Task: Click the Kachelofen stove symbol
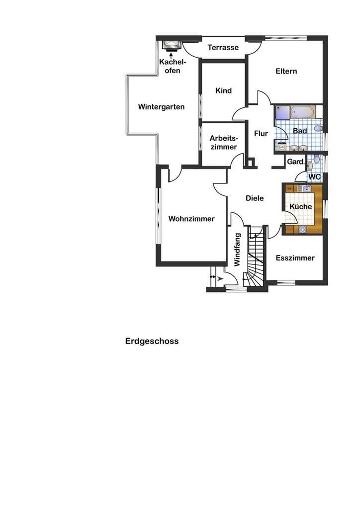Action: point(171,46)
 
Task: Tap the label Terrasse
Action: point(223,47)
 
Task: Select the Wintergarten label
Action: point(161,107)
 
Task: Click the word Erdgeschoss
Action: point(152,341)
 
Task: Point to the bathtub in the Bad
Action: point(302,112)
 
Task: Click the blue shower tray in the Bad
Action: point(282,112)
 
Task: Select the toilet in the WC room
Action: point(317,159)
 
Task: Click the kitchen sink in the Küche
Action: point(306,188)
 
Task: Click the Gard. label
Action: point(296,162)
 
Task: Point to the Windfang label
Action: point(237,250)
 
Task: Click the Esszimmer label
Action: point(295,258)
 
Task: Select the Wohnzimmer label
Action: point(191,219)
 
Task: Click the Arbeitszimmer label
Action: point(224,143)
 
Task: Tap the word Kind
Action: point(223,90)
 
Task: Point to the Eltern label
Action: point(286,71)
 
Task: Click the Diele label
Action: point(255,198)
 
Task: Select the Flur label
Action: point(261,133)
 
